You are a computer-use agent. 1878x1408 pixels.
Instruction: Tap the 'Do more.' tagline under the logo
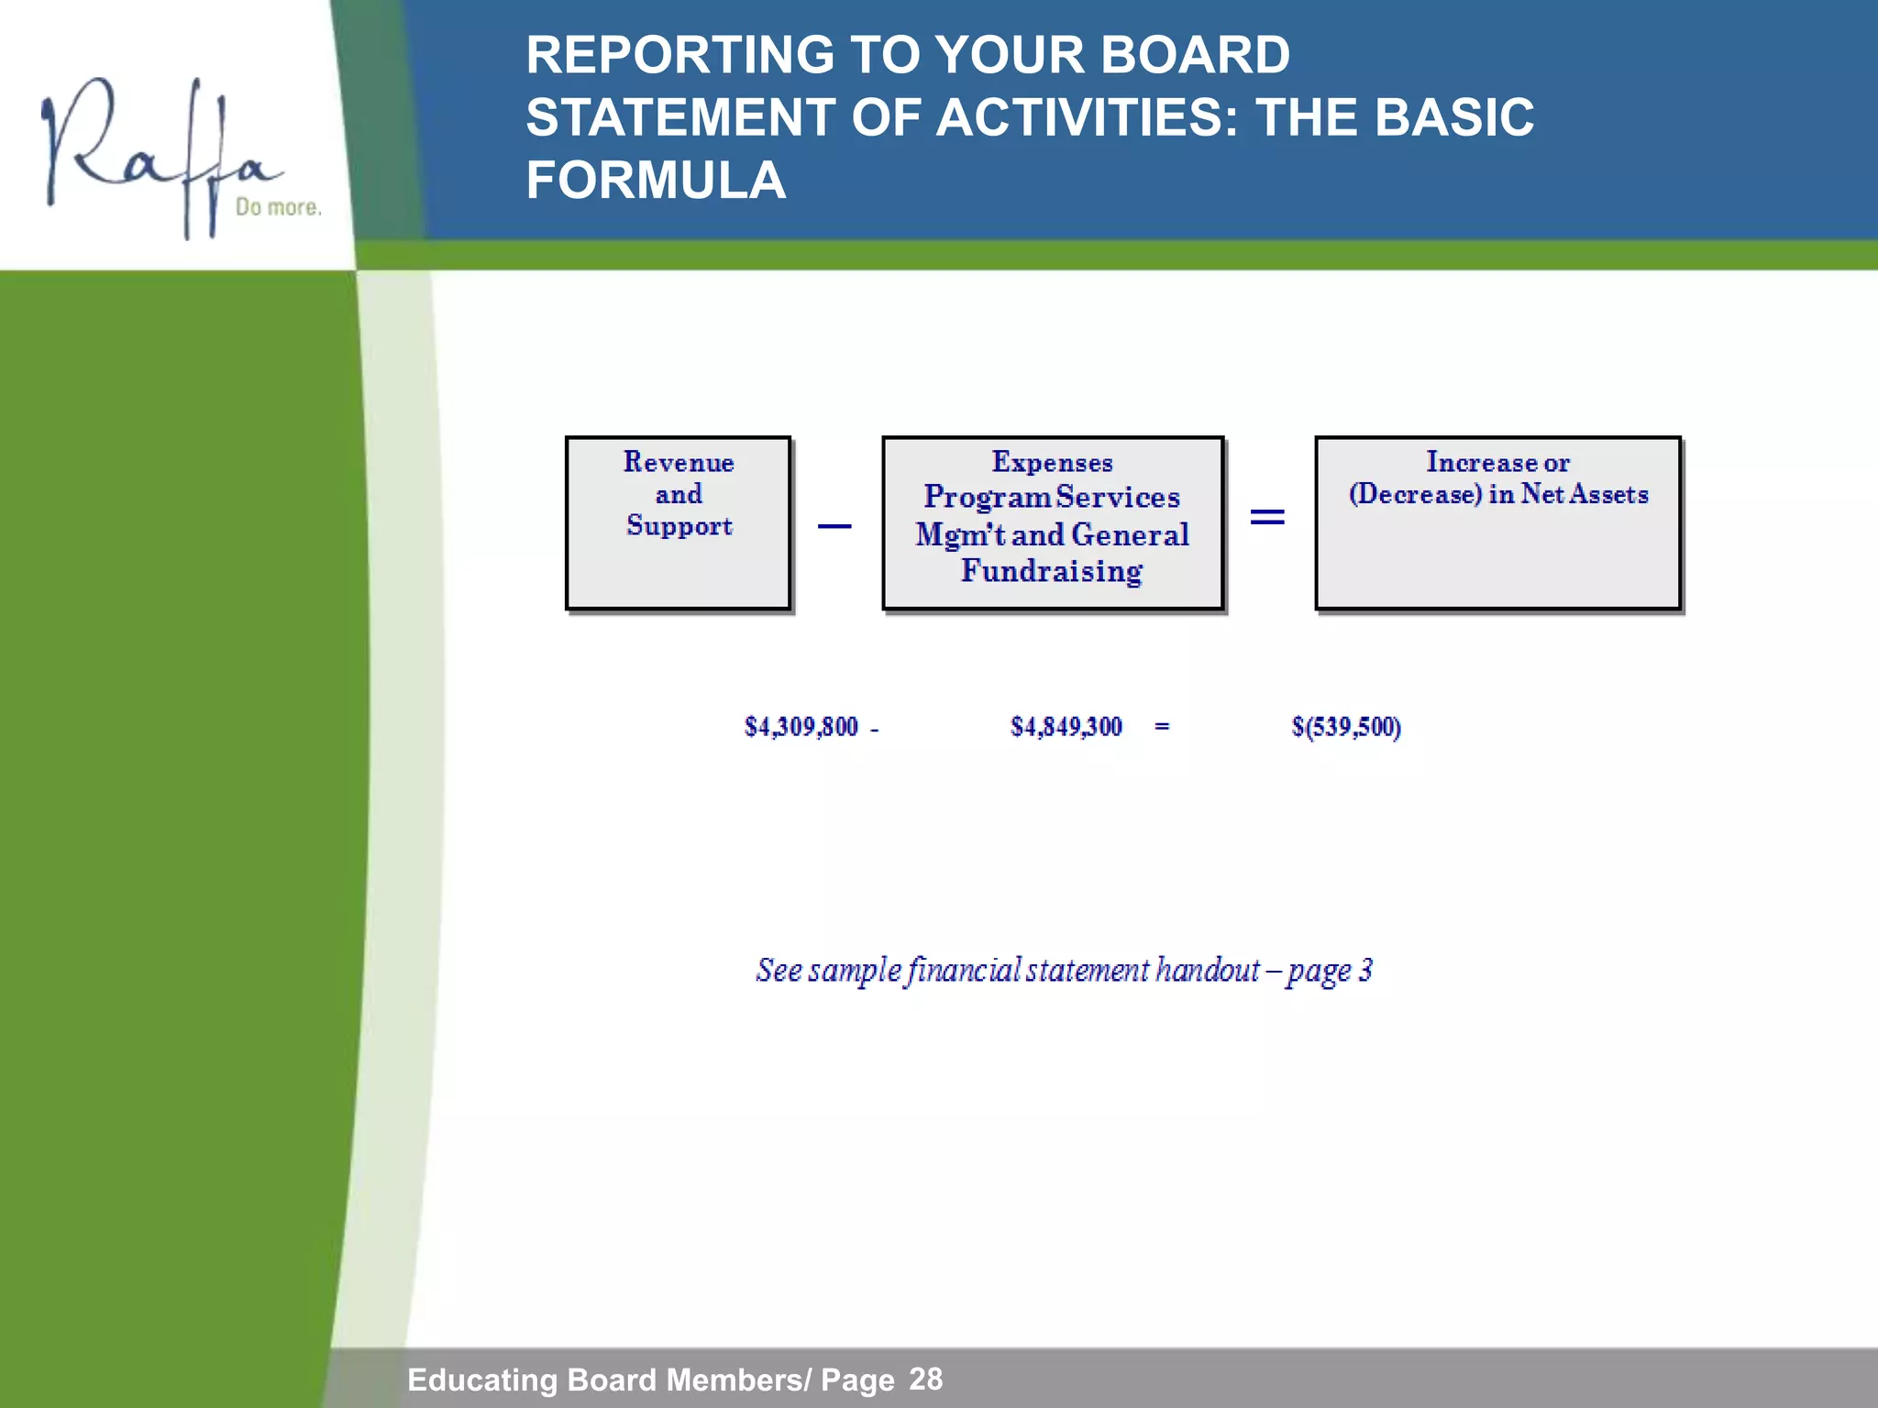pos(279,207)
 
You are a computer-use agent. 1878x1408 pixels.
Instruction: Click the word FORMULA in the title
pos(656,180)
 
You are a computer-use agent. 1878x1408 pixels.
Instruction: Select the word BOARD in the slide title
pos(1194,55)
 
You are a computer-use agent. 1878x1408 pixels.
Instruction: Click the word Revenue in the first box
pos(679,462)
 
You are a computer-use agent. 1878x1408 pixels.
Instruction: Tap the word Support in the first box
pos(679,526)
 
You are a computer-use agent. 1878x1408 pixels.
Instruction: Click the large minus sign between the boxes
pos(834,526)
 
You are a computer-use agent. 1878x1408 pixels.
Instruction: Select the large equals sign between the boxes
pos(1267,518)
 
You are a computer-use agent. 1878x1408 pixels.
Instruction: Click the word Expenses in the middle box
pos(1052,462)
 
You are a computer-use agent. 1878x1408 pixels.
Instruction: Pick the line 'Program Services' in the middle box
pos(1052,497)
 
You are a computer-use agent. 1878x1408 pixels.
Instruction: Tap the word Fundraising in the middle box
pos(1052,571)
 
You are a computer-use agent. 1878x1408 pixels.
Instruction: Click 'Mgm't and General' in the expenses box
pos(1052,534)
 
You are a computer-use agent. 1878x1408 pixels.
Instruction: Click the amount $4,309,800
pos(801,728)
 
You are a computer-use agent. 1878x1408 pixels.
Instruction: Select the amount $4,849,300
pos(1066,728)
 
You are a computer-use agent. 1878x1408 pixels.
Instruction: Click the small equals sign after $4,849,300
pos(1162,727)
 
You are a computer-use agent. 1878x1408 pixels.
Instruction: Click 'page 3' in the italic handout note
pos(1330,971)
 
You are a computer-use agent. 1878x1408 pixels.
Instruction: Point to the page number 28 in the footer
pos(925,1379)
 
